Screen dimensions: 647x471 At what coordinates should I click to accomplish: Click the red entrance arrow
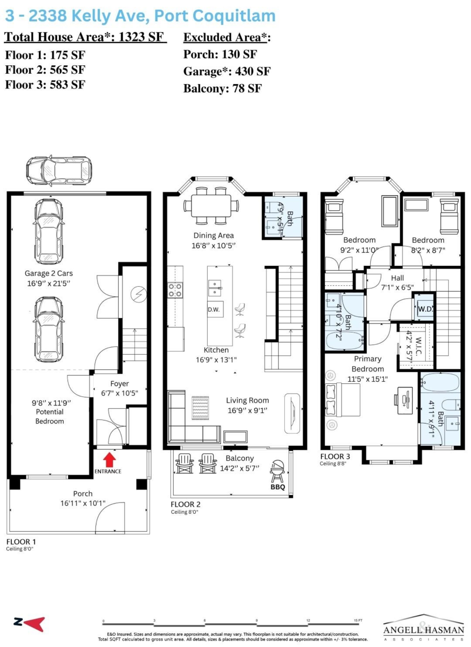pyautogui.click(x=110, y=459)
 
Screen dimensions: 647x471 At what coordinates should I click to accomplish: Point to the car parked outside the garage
pyautogui.click(x=59, y=171)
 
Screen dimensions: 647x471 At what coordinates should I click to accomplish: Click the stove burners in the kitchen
pyautogui.click(x=175, y=290)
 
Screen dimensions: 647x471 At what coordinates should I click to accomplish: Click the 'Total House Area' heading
pyautogui.click(x=85, y=38)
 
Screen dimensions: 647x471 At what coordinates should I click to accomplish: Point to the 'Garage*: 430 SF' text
pyautogui.click(x=227, y=71)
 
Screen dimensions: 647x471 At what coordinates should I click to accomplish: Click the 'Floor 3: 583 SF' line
pyautogui.click(x=45, y=84)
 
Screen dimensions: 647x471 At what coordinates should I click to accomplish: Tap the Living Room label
pyautogui.click(x=247, y=400)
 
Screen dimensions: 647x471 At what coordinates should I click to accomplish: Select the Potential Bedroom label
pyautogui.click(x=50, y=416)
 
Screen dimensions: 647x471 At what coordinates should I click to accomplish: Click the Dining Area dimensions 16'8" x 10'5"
pyautogui.click(x=214, y=245)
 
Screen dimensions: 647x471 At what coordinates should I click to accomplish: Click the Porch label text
pyautogui.click(x=83, y=493)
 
